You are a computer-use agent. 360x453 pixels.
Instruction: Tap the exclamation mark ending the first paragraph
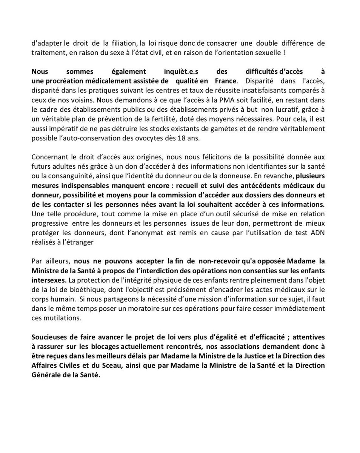[x=283, y=53]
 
